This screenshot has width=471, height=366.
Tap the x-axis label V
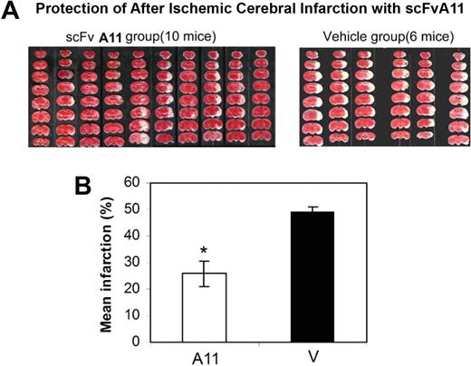click(312, 356)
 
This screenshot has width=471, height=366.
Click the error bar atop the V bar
click(312, 208)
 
